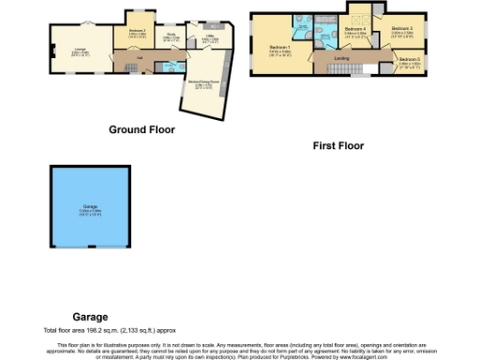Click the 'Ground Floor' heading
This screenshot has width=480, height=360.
pos(142,128)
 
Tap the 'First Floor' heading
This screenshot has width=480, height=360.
pos(338,145)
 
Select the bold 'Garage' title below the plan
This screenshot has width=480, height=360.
pos(91,317)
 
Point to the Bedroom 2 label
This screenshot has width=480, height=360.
pos(136,32)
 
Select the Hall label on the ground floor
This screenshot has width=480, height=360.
pos(139,57)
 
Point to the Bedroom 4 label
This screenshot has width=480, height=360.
pos(355,30)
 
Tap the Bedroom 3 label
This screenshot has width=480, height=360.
pos(402,30)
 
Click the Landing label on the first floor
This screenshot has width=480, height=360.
pos(344,59)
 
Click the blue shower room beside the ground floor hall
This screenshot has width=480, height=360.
pos(169,67)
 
